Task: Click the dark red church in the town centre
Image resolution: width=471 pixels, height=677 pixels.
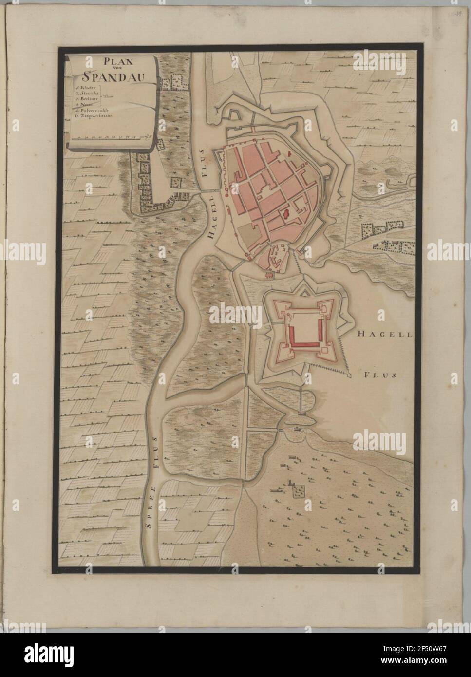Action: [285, 212]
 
